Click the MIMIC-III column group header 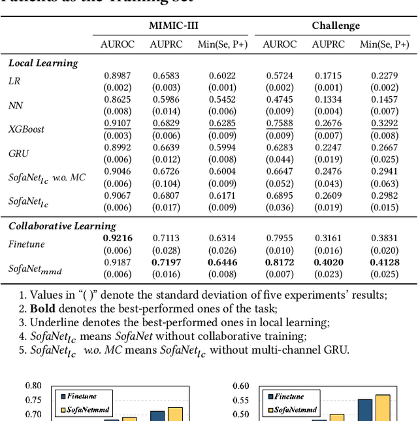click(173, 25)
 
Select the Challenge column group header click(336, 25)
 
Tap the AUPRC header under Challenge click(329, 44)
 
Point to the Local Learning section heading click(43, 63)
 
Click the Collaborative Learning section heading click(62, 226)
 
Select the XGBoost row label click(26, 129)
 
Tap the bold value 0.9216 click(118, 239)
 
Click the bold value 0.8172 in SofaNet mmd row click(280, 263)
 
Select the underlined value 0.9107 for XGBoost click(118, 123)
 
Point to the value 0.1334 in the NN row click(329, 99)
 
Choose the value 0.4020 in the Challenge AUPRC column click(329, 263)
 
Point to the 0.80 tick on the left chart click(33, 386)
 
